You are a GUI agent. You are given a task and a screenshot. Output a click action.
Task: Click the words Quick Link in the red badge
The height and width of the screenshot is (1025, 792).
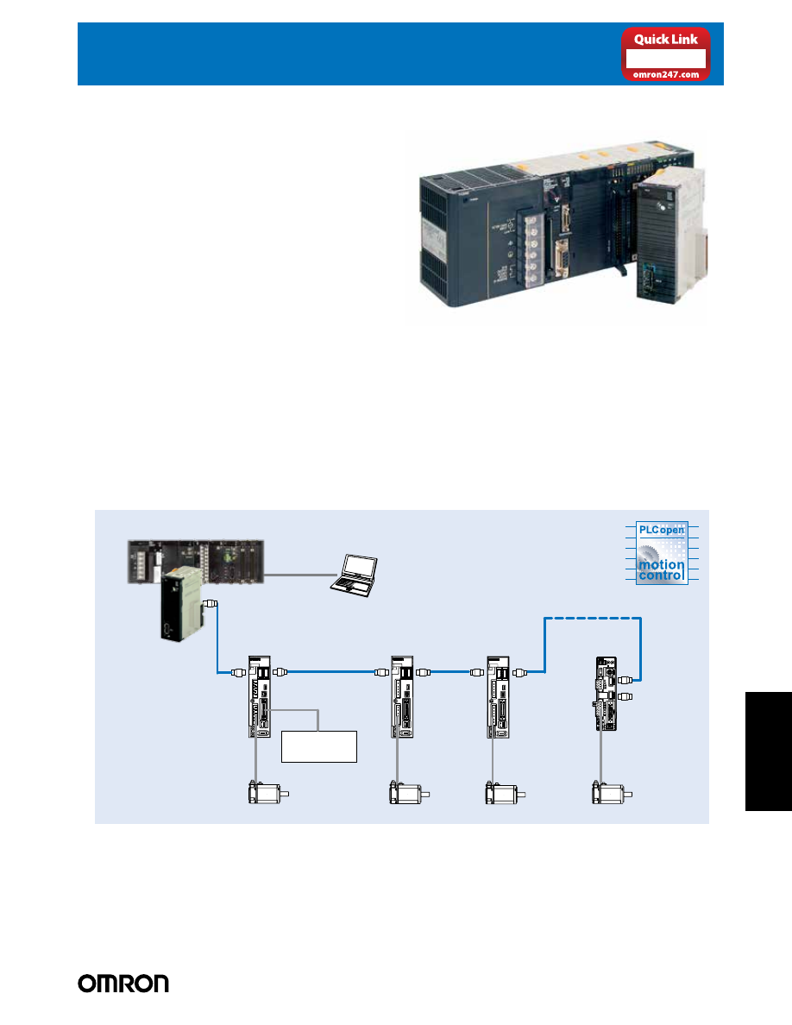[666, 39]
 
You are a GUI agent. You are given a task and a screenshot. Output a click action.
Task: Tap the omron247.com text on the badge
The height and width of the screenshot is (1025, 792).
[666, 73]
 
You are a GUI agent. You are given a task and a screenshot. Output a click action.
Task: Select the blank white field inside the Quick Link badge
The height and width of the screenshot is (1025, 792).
[666, 58]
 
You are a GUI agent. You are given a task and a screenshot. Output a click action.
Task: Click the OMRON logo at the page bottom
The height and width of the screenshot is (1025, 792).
[124, 984]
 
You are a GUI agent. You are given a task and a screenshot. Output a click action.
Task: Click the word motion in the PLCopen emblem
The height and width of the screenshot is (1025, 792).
[661, 564]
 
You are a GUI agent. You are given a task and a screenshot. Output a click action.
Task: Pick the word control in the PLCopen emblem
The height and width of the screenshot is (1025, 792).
[661, 575]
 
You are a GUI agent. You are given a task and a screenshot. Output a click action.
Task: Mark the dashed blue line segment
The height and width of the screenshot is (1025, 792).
[594, 618]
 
